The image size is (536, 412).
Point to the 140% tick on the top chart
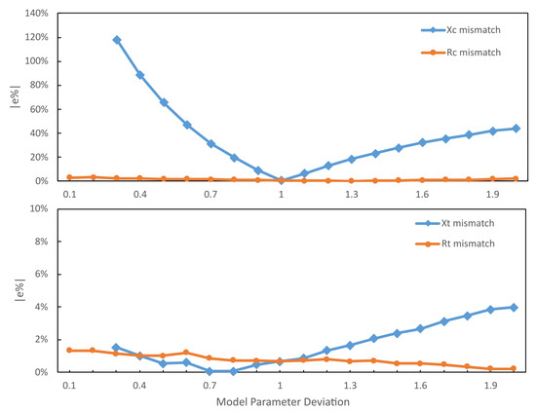(36, 14)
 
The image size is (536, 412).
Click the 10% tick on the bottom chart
(39, 208)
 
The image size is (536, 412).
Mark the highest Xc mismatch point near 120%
(116, 40)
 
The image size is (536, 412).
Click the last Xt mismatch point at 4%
(516, 307)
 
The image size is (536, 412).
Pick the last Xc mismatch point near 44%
(516, 129)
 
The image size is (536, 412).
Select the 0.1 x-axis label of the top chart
(69, 195)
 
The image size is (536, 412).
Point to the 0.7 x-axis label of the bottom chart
(209, 387)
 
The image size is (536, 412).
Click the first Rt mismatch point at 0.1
(69, 351)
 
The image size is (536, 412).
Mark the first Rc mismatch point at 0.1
(69, 177)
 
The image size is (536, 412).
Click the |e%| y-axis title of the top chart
(11, 97)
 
